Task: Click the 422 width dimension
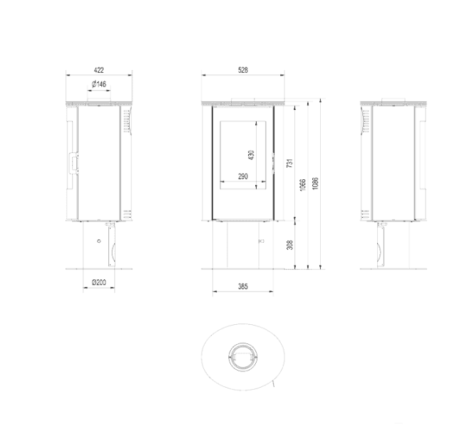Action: (99, 70)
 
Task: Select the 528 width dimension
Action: (243, 70)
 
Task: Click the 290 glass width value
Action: (242, 176)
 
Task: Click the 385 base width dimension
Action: (242, 287)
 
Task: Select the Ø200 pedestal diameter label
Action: (99, 283)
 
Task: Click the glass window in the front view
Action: (242, 156)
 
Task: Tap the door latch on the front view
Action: (273, 159)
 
